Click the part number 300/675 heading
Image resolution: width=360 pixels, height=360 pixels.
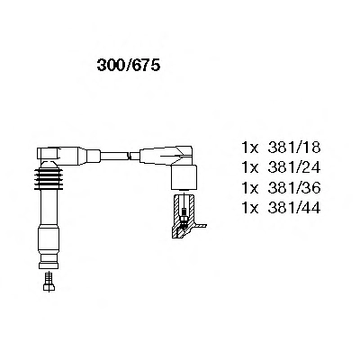point(129,65)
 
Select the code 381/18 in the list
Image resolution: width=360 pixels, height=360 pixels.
point(294,148)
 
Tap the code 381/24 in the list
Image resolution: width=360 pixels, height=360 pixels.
point(294,167)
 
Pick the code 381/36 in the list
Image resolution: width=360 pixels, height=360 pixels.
point(294,188)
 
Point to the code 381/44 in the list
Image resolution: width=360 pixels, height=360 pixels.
point(294,208)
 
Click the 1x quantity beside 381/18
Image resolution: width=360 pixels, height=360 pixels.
point(250,148)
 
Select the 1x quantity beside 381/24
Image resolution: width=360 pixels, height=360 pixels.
point(250,167)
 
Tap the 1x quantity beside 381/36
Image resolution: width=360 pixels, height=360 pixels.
point(250,188)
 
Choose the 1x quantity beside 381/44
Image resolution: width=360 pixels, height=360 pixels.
point(250,208)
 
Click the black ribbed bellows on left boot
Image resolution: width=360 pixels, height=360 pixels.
point(49,178)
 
